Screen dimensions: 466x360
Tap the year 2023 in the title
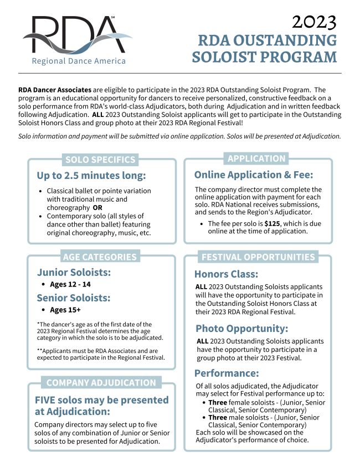tap(313, 22)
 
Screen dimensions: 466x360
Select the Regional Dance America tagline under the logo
tap(79, 61)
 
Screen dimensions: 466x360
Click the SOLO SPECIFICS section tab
tap(100, 160)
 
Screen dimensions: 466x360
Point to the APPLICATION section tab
tap(256, 158)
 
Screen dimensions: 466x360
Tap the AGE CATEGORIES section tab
tap(100, 257)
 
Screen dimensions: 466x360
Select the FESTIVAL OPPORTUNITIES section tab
tap(258, 257)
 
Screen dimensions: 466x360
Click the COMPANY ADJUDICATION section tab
tap(101, 382)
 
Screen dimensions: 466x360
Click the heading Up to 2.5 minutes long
tap(91, 176)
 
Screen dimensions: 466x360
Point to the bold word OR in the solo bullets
tap(97, 207)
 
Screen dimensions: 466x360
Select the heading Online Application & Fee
tap(254, 175)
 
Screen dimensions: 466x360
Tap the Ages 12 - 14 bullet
tap(70, 284)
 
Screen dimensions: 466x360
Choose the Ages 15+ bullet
tap(65, 310)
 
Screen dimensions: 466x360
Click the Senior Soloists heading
tap(74, 298)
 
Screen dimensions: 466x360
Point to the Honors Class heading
tap(226, 274)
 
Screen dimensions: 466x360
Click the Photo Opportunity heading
tap(241, 328)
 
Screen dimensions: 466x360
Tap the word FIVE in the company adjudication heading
tap(48, 400)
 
